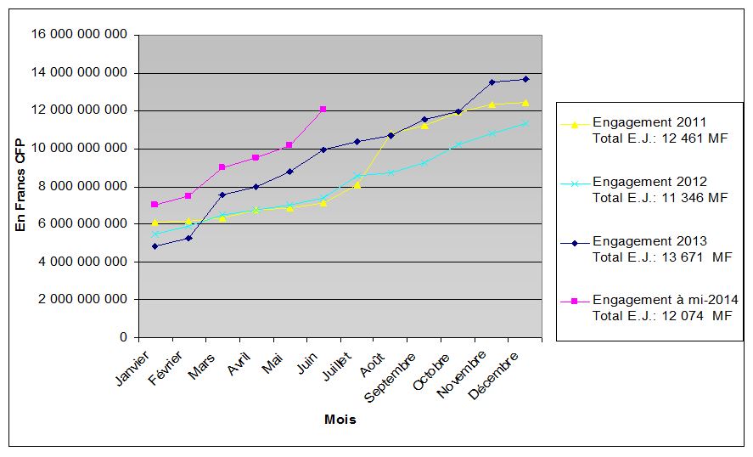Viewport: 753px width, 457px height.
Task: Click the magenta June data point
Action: pyautogui.click(x=323, y=109)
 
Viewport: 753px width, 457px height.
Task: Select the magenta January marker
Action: pyautogui.click(x=155, y=205)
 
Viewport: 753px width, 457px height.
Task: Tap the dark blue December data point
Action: pyautogui.click(x=525, y=79)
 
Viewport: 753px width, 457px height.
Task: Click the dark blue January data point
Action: pyautogui.click(x=155, y=246)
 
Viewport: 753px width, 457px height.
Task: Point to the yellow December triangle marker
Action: pyautogui.click(x=525, y=103)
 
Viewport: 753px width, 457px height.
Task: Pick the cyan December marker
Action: pyautogui.click(x=525, y=123)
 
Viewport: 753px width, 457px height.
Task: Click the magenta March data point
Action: pyautogui.click(x=222, y=167)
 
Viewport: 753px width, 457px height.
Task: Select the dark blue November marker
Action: pyautogui.click(x=492, y=82)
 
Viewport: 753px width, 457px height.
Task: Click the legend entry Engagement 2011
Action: pyautogui.click(x=649, y=122)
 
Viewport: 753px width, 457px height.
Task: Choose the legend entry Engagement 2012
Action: pyautogui.click(x=649, y=182)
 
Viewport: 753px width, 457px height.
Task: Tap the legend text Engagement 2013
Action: pyautogui.click(x=649, y=241)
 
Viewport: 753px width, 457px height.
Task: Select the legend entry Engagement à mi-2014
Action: pyautogui.click(x=665, y=300)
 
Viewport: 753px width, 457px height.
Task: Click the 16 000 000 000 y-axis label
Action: pyautogui.click(x=80, y=35)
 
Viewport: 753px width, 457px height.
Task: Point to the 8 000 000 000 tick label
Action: pyautogui.click(x=83, y=186)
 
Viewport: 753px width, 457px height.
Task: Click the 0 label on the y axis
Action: pyautogui.click(x=123, y=337)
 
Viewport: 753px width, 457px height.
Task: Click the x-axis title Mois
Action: pyautogui.click(x=340, y=420)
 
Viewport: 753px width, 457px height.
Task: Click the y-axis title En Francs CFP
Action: pyautogui.click(x=20, y=186)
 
